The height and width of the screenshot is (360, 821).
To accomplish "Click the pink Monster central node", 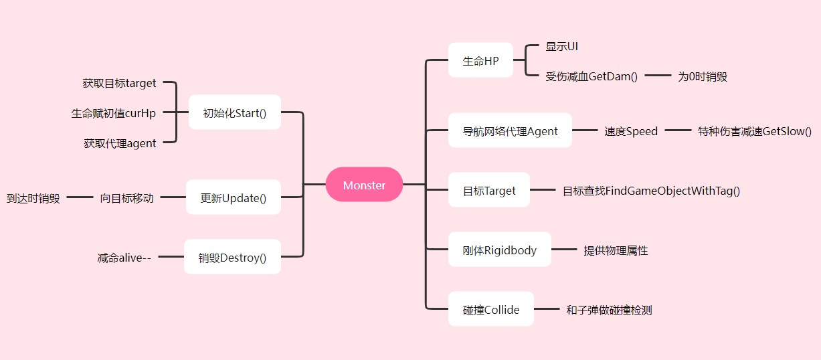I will coord(364,185).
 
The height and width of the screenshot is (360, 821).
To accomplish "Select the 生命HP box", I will coord(480,60).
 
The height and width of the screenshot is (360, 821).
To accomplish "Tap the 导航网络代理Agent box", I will coord(510,130).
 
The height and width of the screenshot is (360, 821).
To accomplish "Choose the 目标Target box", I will coord(489,190).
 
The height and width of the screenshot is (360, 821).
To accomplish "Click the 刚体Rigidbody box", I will coord(499,250).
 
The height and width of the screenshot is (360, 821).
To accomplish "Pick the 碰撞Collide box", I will coord(490,309).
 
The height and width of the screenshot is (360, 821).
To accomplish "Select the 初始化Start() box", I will coord(234,112).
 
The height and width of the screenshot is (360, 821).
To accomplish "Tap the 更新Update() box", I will coord(233,197).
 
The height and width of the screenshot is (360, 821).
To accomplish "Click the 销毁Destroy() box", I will coord(232,257).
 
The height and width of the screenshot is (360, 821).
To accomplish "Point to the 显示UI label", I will coord(561,46).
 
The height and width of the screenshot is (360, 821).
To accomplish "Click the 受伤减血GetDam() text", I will coord(591,76).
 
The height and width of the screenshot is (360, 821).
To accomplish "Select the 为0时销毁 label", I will coord(702,76).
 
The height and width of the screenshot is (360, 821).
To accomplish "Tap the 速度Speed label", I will coord(631,131).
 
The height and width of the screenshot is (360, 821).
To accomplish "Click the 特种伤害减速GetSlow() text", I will coord(755,131).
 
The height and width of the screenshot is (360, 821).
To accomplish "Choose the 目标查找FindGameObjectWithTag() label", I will coord(651,191).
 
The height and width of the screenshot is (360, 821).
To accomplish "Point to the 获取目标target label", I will coord(119,83).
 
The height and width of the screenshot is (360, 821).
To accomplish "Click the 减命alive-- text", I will coord(124,258).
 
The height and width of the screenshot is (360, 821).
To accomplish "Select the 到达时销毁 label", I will coord(33,198).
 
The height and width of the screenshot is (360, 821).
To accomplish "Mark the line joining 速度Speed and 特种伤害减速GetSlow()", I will coord(678,131).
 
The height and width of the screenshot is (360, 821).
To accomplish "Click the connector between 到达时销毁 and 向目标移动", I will coord(80,197).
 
